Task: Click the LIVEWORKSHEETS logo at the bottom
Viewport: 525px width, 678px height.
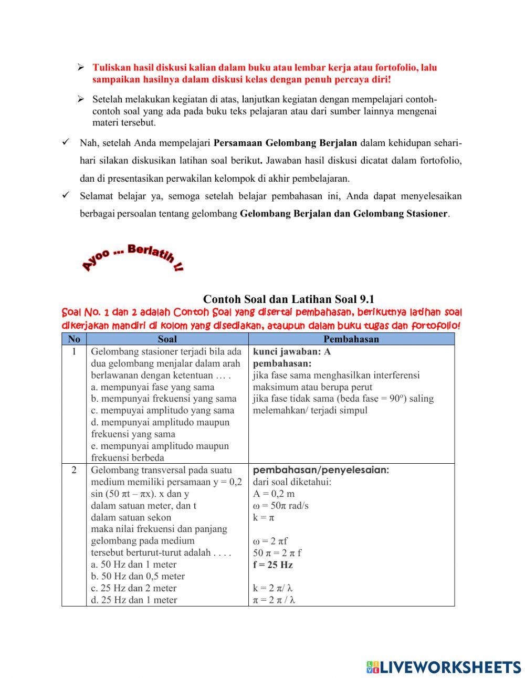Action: tap(444, 666)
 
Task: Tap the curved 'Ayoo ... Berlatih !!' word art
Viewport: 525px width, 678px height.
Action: tap(132, 258)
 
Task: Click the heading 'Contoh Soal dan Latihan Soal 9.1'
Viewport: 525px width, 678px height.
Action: tap(288, 299)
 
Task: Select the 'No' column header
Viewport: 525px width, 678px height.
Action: tap(74, 339)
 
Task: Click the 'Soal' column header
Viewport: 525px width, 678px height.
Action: tap(167, 339)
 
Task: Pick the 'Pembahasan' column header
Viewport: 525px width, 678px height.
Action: tap(351, 339)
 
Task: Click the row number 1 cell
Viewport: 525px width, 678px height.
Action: tap(74, 351)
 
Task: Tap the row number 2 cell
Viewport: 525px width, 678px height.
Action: tap(74, 470)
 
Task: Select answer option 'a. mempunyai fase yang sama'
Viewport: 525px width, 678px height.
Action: tap(153, 387)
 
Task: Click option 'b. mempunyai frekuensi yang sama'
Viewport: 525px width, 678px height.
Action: tap(164, 399)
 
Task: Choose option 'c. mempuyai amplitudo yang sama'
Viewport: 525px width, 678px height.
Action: tap(163, 410)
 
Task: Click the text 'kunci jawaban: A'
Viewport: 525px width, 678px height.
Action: tap(292, 351)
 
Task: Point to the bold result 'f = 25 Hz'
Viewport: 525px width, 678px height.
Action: tap(273, 565)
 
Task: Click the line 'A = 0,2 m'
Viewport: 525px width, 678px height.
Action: tap(274, 494)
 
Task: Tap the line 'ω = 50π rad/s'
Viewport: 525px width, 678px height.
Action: tap(280, 505)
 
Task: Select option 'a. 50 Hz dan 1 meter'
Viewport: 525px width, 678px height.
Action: tap(134, 565)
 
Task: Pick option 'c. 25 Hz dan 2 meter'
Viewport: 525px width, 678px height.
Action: tap(134, 588)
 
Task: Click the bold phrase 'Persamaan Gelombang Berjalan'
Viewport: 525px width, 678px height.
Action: tap(285, 143)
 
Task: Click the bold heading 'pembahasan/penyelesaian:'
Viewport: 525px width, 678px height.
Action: tap(321, 470)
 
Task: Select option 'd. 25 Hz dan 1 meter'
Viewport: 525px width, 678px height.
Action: tap(134, 600)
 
